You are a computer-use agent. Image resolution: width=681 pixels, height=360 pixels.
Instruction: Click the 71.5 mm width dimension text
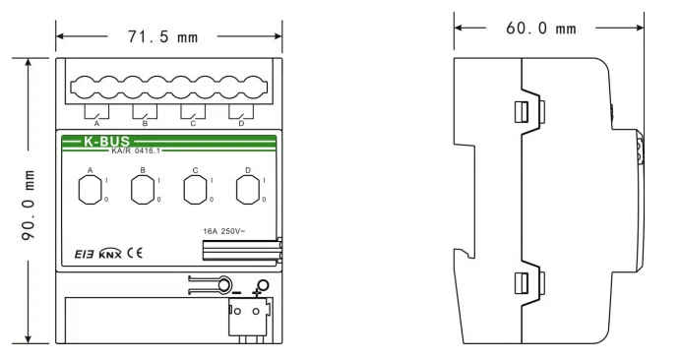(162, 36)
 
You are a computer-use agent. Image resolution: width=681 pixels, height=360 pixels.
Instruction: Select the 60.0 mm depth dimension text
(541, 29)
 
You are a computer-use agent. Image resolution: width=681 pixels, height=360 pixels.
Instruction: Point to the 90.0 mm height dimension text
(29, 205)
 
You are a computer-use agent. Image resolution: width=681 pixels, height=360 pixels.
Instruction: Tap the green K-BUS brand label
(106, 141)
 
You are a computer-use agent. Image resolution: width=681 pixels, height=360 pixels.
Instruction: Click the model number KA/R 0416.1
(136, 151)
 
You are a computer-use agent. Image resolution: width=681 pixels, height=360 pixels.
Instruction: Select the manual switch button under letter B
(143, 190)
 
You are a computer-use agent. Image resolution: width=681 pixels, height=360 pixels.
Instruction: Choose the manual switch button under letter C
(195, 190)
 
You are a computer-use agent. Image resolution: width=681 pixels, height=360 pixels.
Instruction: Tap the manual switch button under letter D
(248, 190)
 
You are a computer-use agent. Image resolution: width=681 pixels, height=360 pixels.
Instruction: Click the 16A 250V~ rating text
(224, 231)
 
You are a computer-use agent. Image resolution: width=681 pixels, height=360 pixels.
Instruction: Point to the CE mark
(135, 253)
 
